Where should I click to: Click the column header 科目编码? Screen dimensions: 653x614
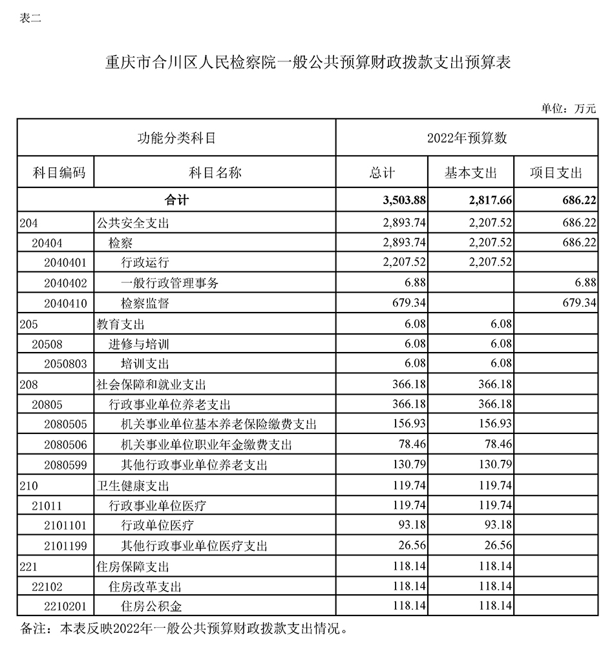click(x=55, y=173)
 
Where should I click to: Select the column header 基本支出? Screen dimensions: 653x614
click(x=471, y=173)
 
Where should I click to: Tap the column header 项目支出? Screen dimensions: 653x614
click(x=556, y=173)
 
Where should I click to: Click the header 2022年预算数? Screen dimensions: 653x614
click(x=467, y=138)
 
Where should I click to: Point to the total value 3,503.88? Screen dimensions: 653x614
click(x=404, y=201)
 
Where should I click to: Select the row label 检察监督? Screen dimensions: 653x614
click(x=145, y=304)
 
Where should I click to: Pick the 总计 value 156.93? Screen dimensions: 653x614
click(x=409, y=424)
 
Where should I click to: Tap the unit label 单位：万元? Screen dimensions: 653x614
click(x=569, y=109)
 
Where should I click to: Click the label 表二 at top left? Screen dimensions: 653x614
click(x=30, y=18)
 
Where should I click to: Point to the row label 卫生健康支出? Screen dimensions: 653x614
click(x=133, y=485)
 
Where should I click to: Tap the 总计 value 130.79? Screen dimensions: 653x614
click(x=409, y=465)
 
